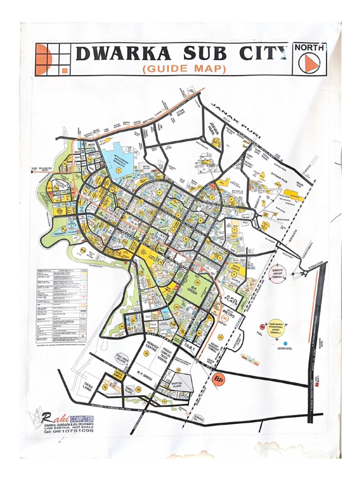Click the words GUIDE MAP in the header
click(x=184, y=69)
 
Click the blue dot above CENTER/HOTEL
click(x=285, y=343)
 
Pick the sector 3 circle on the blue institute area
click(x=119, y=171)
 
